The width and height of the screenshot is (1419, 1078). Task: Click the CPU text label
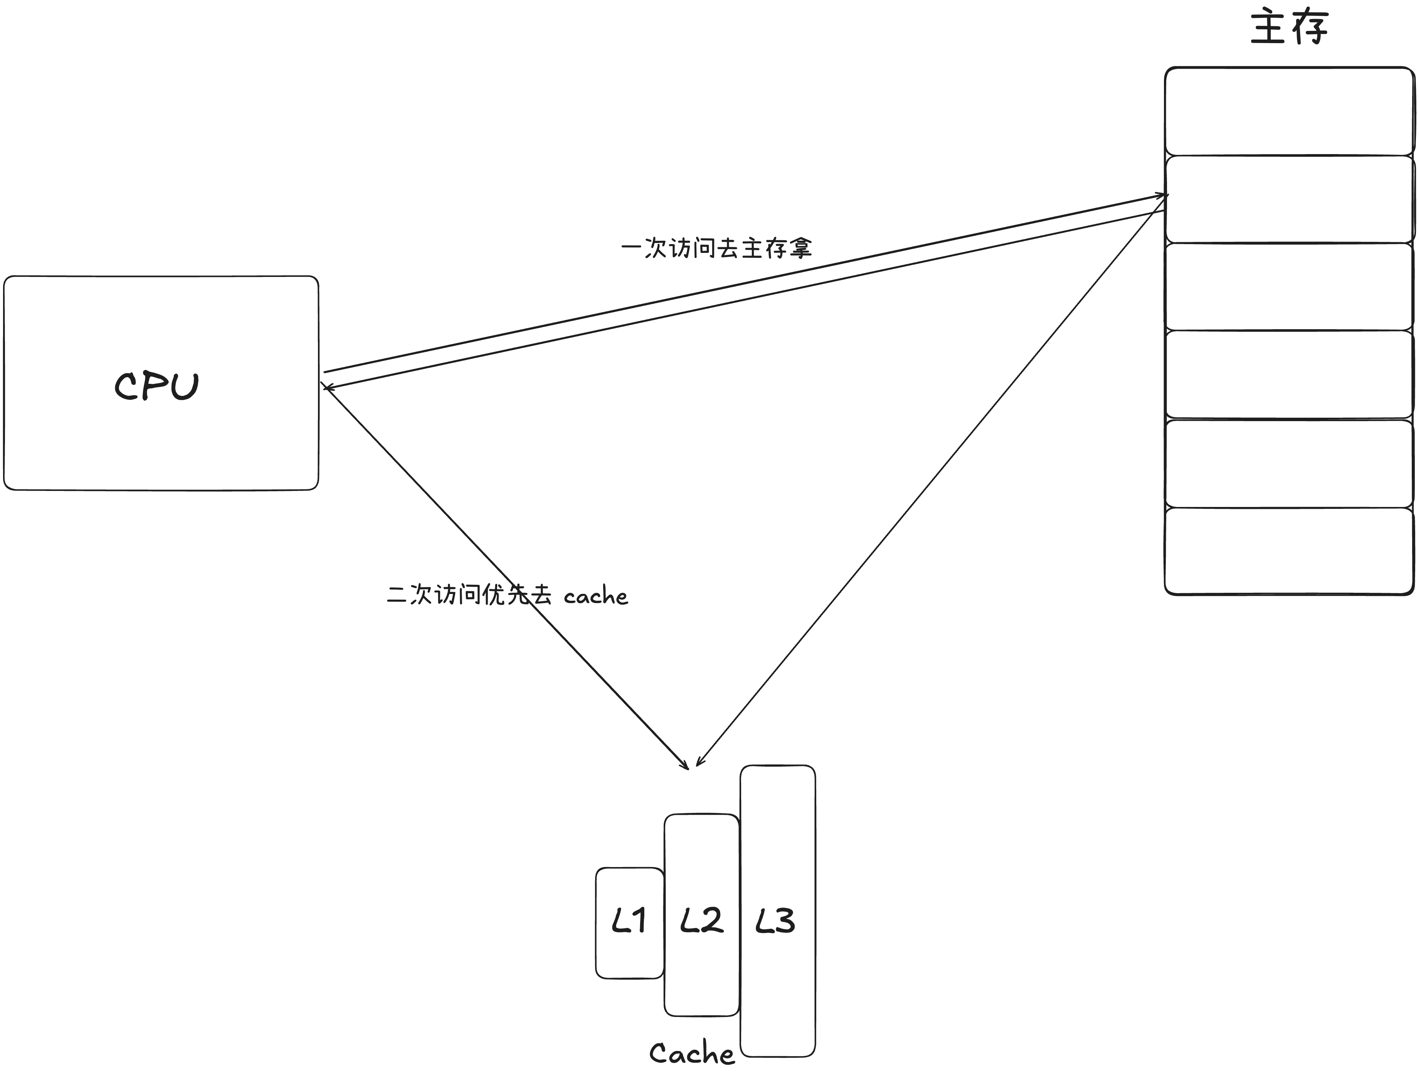(x=157, y=386)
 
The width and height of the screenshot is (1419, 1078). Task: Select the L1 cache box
(x=629, y=923)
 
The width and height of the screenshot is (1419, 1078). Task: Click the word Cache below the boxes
(x=692, y=1054)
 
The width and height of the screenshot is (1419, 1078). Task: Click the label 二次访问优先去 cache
(x=507, y=595)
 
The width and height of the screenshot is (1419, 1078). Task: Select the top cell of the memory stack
(x=1289, y=111)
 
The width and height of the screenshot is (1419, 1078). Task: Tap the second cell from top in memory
(x=1289, y=199)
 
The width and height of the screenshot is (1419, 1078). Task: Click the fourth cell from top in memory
(x=1289, y=375)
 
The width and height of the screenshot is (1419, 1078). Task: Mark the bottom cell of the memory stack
(x=1289, y=551)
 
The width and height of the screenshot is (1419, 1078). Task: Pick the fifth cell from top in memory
(x=1289, y=463)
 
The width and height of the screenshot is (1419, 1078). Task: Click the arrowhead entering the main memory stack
(x=1165, y=195)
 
